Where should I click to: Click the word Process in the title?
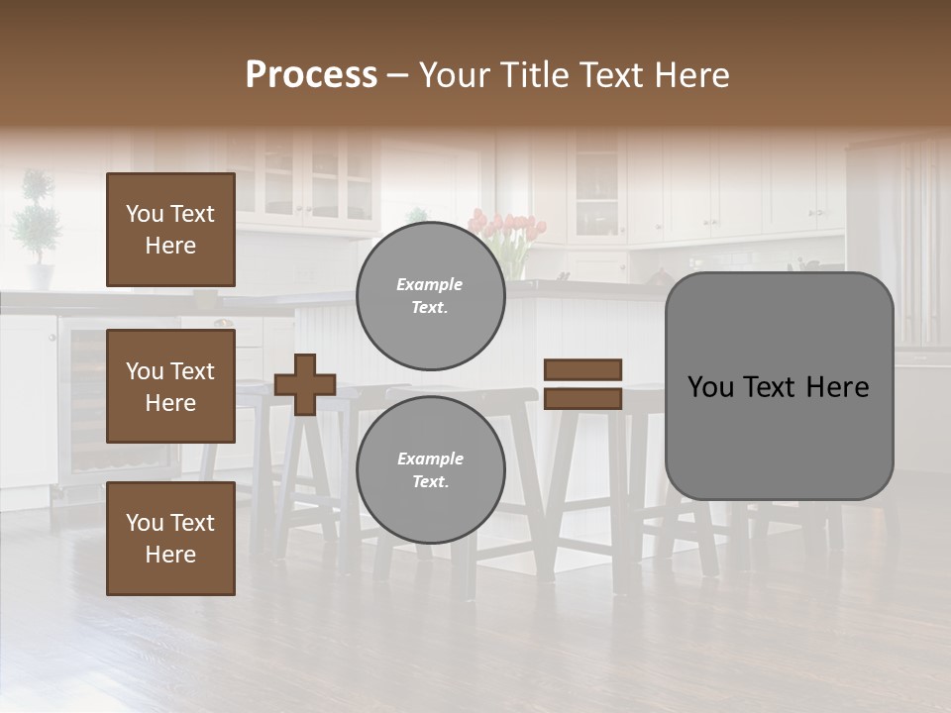311,75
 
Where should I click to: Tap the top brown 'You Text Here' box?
170,230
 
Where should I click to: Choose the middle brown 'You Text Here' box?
170,386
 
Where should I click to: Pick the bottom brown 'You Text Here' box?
170,538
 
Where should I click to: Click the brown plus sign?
305,384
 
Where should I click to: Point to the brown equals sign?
582,384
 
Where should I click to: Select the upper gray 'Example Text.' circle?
430,295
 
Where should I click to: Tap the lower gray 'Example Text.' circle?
430,469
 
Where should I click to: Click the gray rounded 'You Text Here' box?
779,386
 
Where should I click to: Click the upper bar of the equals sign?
582,369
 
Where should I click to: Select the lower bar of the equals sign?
582,398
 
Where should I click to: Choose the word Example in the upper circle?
430,284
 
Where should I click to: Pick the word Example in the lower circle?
430,458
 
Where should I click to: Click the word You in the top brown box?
144,214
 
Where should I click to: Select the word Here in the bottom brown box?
170,555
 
